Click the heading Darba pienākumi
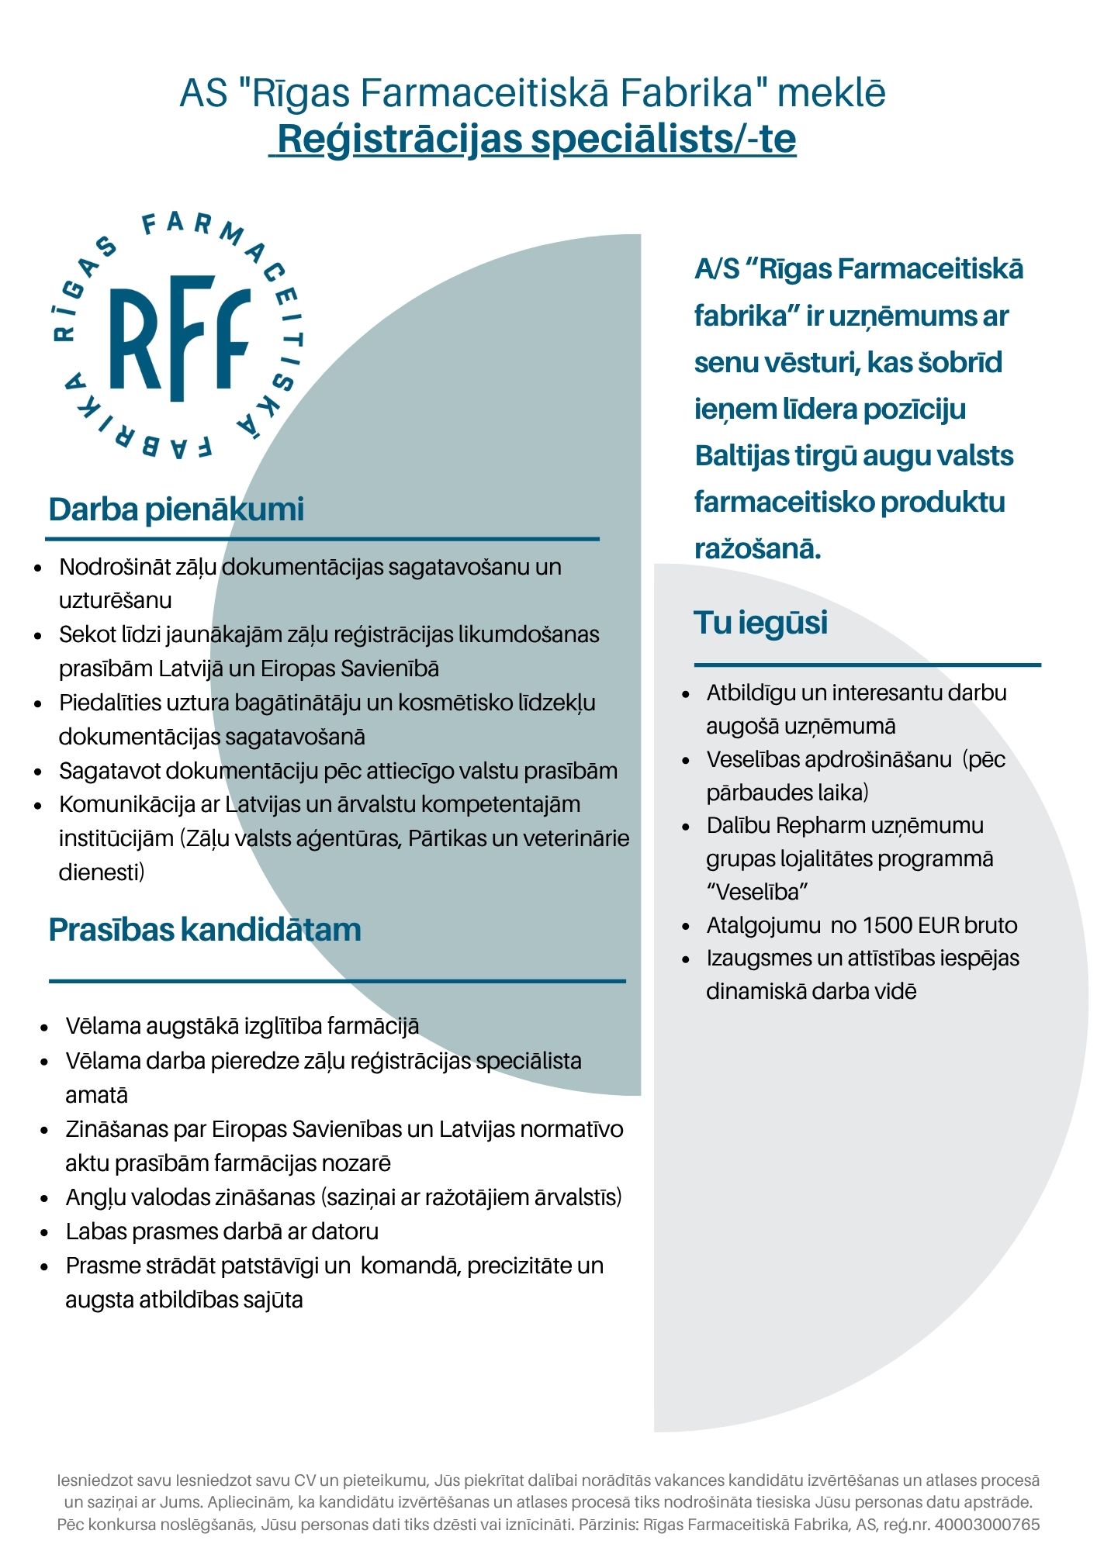176,510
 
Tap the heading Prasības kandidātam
205,929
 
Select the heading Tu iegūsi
760,623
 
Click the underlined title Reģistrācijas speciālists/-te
536,140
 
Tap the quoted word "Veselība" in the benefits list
757,892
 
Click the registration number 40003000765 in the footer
987,1525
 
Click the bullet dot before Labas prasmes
45,1232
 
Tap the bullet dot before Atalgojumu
686,926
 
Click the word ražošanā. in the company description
757,549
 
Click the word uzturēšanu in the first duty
116,600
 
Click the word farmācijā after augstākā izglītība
373,1026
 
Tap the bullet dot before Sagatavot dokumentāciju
38,772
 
